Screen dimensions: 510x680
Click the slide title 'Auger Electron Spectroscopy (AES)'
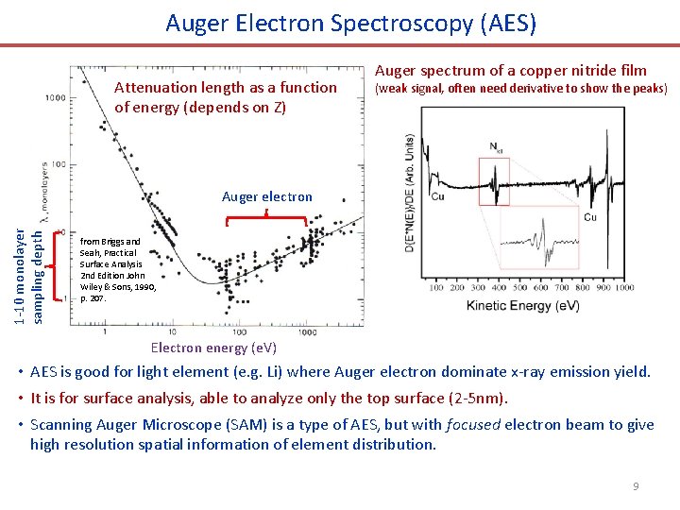pos(350,23)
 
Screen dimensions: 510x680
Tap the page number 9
pos(636,485)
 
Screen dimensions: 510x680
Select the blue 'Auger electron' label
pos(266,196)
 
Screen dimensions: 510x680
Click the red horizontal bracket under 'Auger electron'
pos(267,216)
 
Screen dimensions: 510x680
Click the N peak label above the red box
pos(497,146)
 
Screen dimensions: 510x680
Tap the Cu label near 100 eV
pos(437,197)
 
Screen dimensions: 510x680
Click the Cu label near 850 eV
pos(589,217)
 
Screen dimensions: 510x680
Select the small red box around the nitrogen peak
pos(494,181)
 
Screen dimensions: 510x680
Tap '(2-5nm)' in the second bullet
pos(481,398)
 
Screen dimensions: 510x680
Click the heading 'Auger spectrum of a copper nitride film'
pos(511,70)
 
